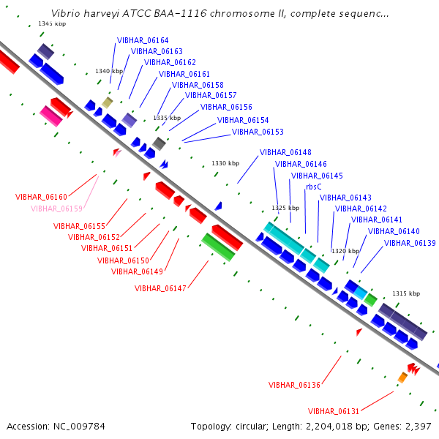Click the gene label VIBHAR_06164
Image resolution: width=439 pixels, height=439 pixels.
tap(143, 40)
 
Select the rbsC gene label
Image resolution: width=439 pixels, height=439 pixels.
tap(314, 187)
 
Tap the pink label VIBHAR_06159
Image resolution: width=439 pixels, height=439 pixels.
tap(56, 209)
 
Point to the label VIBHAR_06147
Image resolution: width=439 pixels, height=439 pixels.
tap(160, 288)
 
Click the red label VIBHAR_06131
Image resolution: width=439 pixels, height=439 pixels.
tap(334, 411)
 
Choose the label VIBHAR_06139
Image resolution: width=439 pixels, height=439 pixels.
tap(410, 243)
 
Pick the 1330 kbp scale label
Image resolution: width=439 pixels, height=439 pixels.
tap(225, 163)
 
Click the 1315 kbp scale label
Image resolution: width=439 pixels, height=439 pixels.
tap(406, 293)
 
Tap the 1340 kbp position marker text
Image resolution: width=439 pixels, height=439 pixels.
tap(109, 71)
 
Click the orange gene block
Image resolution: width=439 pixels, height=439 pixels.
tap(402, 378)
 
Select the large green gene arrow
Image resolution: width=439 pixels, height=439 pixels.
tap(218, 247)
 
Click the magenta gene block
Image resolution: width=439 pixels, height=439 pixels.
tap(51, 116)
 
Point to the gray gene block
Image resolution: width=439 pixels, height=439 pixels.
tap(159, 143)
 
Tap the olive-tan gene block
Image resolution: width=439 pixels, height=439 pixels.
tap(108, 102)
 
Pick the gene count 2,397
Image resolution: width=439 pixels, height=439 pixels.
tap(419, 427)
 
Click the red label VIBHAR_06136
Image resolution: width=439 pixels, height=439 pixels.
tap(294, 386)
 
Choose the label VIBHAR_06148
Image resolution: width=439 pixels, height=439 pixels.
tap(285, 152)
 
